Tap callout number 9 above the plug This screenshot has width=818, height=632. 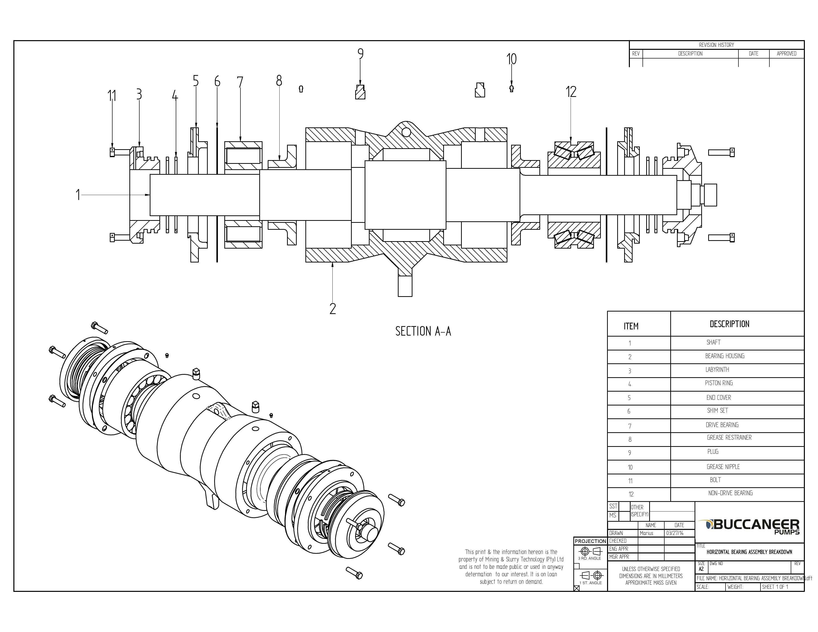pyautogui.click(x=360, y=54)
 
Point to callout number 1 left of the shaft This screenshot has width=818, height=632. pyautogui.click(x=78, y=195)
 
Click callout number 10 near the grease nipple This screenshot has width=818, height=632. pyautogui.click(x=511, y=59)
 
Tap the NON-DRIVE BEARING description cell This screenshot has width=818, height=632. pyautogui.click(x=730, y=493)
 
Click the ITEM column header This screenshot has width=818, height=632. pyautogui.click(x=631, y=326)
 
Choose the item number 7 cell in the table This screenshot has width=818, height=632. pyautogui.click(x=630, y=426)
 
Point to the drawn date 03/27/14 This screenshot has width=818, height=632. pyautogui.click(x=675, y=533)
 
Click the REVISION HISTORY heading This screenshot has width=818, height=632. pyautogui.click(x=716, y=45)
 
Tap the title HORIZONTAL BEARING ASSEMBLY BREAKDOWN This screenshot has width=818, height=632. pyautogui.click(x=749, y=552)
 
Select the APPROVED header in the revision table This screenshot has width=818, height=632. pyautogui.click(x=786, y=54)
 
